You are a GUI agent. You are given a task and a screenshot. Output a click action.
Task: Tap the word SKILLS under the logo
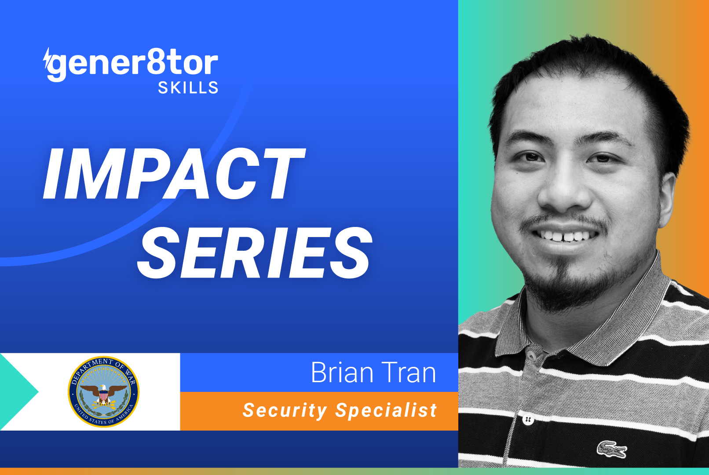(x=188, y=88)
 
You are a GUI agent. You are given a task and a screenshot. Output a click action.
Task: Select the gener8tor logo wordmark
(x=132, y=64)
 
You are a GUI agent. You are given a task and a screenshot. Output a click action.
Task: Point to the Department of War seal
(x=103, y=391)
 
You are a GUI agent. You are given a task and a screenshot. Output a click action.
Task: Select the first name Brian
(x=342, y=373)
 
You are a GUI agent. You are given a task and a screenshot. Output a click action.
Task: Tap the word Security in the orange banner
(x=285, y=410)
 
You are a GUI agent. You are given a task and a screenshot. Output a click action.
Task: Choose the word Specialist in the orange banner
(x=386, y=410)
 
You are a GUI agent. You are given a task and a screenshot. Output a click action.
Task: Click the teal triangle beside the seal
(x=18, y=391)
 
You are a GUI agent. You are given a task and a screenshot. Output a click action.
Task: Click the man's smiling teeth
(x=565, y=236)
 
